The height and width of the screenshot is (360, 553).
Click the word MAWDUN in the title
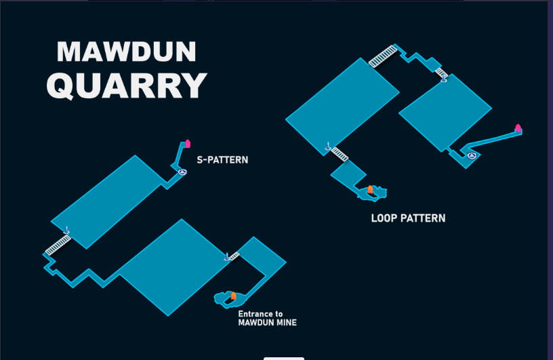coord(126,52)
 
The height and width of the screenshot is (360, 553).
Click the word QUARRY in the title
coord(127,85)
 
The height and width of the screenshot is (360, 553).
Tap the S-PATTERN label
coord(222,160)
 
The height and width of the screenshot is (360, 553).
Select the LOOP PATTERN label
coord(408,218)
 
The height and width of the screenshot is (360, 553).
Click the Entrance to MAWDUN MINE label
coord(267,318)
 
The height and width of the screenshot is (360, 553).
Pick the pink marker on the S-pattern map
coord(188,143)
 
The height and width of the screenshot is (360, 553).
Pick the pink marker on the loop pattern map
coord(518,128)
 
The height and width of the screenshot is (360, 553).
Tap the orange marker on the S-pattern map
coord(233,296)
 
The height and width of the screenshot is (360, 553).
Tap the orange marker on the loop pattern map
coord(370,190)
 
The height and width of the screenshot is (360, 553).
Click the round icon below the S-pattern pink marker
coord(182,172)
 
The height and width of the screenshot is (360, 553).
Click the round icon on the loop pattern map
coord(472,155)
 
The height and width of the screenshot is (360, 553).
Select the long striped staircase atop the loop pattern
coord(383,56)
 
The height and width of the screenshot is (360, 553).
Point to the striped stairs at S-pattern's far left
coord(58,245)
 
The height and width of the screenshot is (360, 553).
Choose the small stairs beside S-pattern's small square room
coord(234,256)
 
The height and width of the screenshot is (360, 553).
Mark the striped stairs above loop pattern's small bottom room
coord(340,154)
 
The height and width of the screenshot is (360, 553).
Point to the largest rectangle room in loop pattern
coord(342,106)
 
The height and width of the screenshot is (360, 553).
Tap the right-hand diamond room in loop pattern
coord(445,113)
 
